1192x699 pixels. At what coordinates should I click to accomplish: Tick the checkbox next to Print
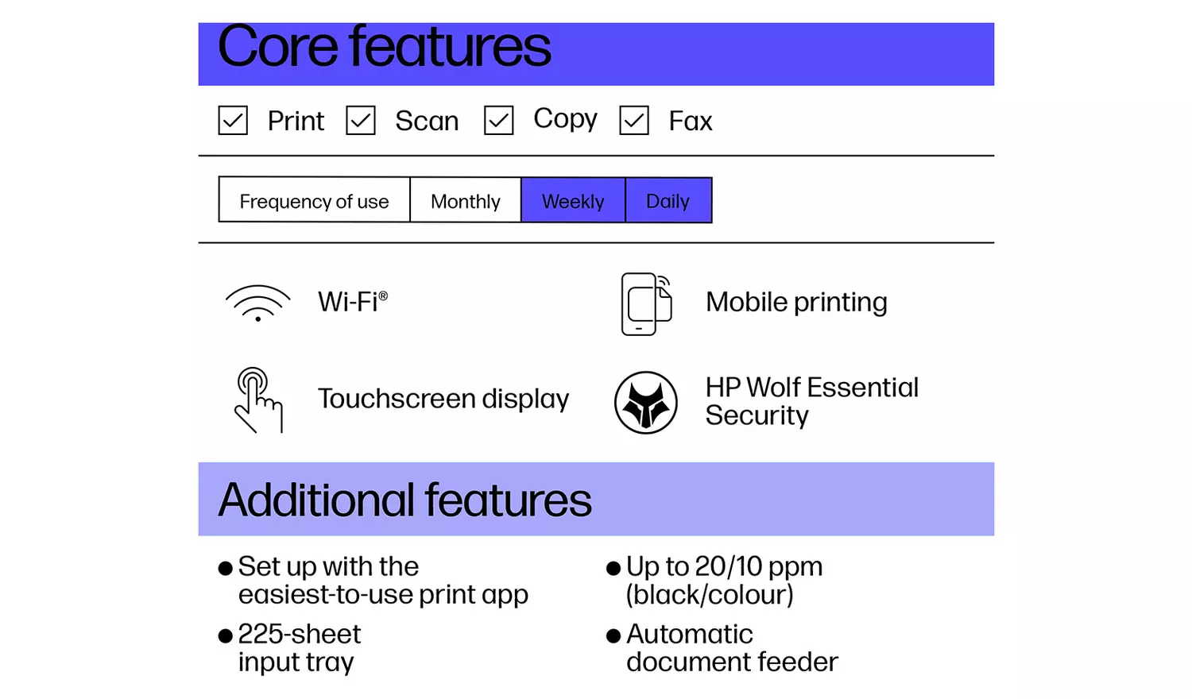233,121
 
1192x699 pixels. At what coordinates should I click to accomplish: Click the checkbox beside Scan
361,121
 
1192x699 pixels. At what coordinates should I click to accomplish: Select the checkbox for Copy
498,121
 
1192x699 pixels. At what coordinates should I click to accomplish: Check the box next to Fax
634,121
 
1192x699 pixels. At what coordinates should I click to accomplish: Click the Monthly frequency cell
465,201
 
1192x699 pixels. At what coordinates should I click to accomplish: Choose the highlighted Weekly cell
573,201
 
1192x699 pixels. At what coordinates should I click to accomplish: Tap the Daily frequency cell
668,201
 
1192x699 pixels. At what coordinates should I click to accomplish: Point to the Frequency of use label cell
314,201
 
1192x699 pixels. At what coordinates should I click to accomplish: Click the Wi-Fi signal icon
257,303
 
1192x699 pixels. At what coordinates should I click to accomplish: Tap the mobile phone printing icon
645,303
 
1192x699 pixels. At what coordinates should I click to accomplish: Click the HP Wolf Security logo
646,402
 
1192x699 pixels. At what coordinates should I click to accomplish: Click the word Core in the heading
277,47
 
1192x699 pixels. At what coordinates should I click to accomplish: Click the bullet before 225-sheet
226,635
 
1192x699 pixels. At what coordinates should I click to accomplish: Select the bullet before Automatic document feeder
613,635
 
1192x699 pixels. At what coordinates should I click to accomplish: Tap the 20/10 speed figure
728,566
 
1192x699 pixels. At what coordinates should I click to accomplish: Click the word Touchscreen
397,399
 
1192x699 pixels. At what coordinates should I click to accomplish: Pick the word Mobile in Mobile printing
746,302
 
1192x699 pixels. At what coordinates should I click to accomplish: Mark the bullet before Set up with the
226,568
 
